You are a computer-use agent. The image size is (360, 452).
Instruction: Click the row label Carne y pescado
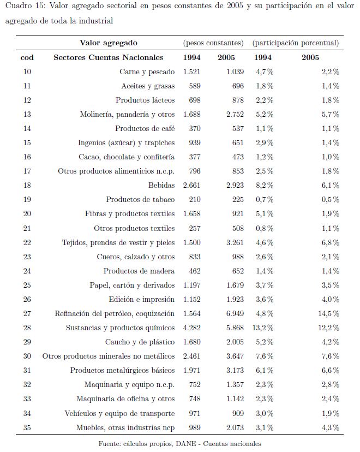[x=147, y=72]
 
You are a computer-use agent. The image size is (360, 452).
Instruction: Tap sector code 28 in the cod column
[x=27, y=328]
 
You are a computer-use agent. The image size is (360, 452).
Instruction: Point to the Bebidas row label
[x=161, y=185]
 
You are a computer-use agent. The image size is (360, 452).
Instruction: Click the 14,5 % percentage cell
[x=327, y=313]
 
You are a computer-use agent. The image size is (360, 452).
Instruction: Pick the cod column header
[x=27, y=57]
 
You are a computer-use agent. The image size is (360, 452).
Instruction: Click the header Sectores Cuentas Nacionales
[x=108, y=57]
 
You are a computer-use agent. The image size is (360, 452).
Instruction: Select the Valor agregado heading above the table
[x=108, y=43]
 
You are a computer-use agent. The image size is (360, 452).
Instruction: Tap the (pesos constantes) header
[x=213, y=43]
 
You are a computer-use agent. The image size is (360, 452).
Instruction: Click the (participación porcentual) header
[x=295, y=43]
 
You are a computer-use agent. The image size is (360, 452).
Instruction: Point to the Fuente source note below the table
[x=179, y=443]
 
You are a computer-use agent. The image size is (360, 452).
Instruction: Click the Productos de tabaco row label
[x=140, y=199]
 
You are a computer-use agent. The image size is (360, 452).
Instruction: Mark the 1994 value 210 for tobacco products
[x=194, y=199]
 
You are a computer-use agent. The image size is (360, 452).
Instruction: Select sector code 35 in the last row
[x=27, y=427]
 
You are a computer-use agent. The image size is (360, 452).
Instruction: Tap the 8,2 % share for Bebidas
[x=263, y=185]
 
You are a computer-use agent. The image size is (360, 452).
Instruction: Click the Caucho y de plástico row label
[x=140, y=342]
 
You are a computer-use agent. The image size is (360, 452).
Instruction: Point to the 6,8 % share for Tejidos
[x=329, y=242]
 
